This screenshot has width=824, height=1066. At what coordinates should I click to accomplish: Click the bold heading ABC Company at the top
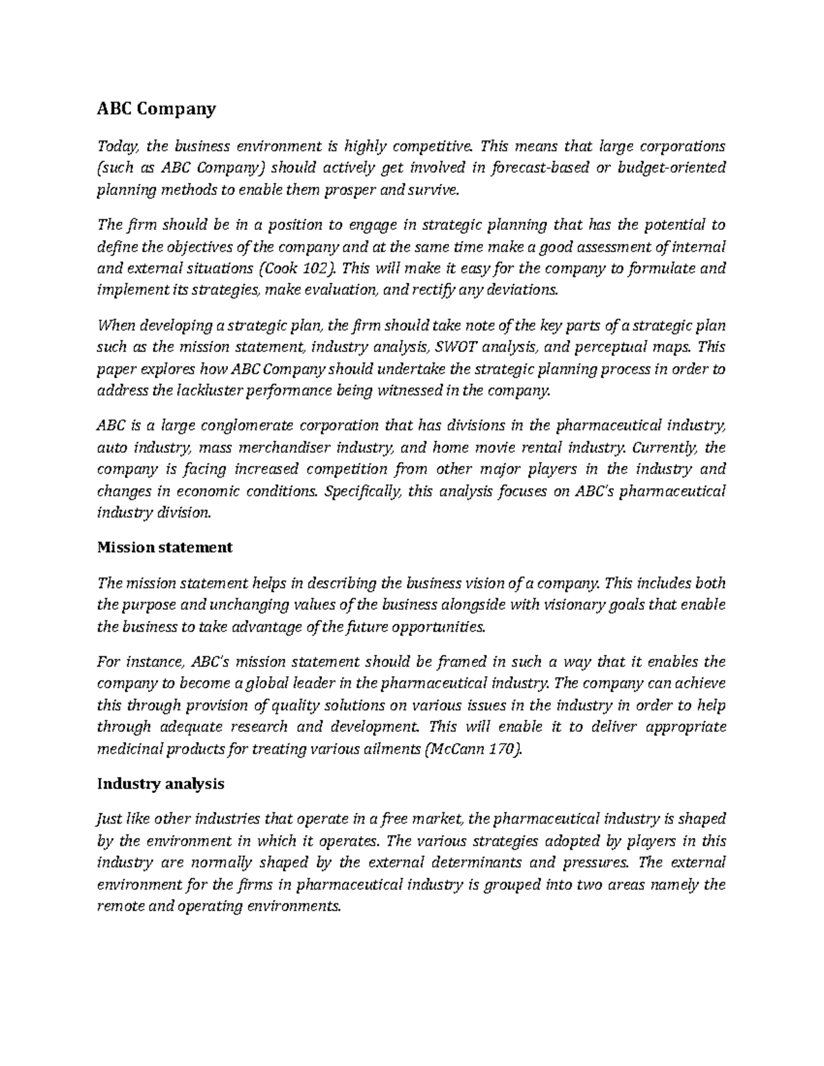157,108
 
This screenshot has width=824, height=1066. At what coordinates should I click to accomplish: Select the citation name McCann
456,749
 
